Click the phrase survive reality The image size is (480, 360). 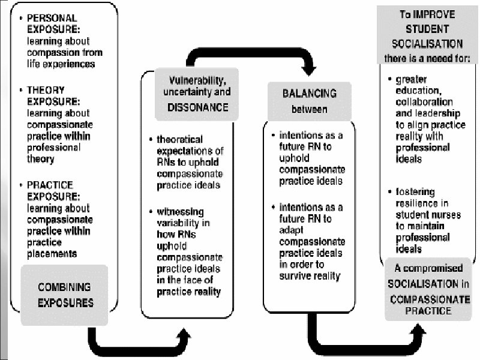point(310,275)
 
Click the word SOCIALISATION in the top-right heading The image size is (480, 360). point(427,44)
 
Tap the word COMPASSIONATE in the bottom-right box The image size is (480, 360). point(424,299)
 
